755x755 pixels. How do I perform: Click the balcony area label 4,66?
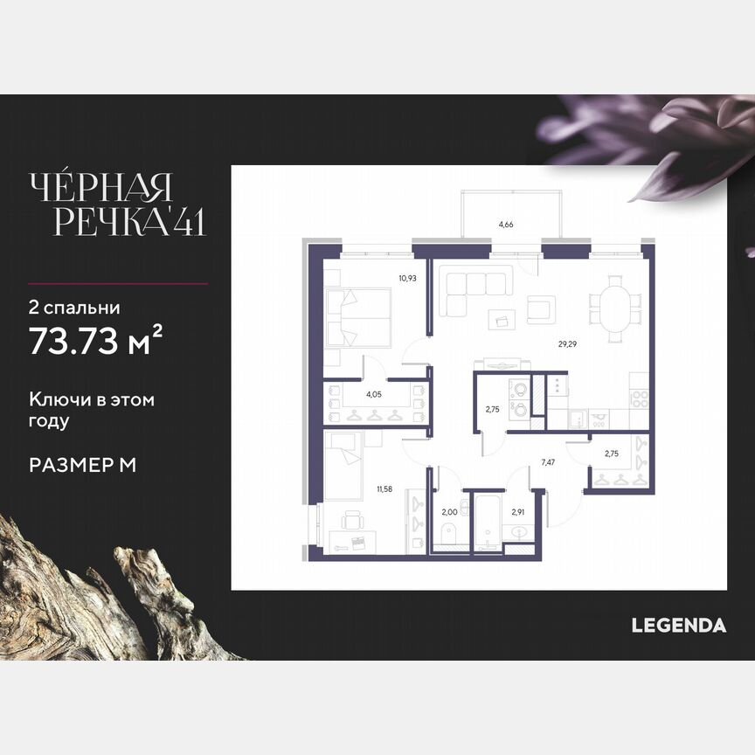point(505,225)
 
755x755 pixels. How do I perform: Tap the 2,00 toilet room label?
point(448,512)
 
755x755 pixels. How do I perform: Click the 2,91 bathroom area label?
point(518,512)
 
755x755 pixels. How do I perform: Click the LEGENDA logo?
point(679,625)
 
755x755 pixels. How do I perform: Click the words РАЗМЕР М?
point(82,465)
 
